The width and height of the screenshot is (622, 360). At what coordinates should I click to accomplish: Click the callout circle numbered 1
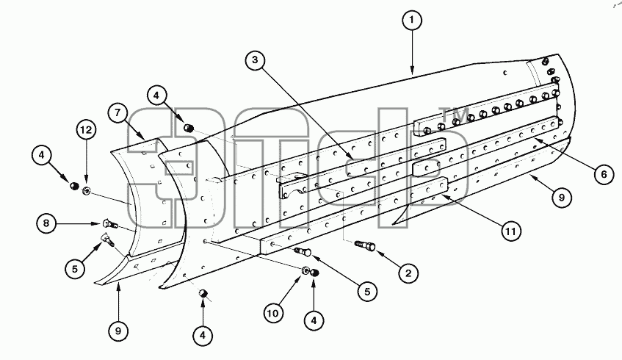tap(412, 20)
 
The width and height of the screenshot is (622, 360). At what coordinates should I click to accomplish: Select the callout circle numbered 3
tap(255, 60)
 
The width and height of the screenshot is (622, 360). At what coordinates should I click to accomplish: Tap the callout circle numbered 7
tap(117, 113)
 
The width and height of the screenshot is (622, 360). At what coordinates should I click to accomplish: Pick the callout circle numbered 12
tap(87, 130)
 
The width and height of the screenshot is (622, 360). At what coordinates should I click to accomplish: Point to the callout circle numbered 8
tap(46, 223)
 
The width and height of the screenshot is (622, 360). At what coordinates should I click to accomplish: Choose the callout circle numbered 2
tap(408, 273)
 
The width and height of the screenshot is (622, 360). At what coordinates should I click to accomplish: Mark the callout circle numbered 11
tap(511, 231)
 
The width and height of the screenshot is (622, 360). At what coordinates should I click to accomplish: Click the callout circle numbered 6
tap(604, 174)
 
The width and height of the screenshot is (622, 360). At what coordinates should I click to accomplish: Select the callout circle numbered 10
tap(273, 314)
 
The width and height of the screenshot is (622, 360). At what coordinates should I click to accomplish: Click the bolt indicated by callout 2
tap(365, 245)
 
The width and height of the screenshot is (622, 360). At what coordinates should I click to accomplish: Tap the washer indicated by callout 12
tap(87, 191)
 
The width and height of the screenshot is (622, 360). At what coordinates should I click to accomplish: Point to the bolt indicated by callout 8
tap(110, 224)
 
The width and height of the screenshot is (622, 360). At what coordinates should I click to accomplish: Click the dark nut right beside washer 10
tap(315, 273)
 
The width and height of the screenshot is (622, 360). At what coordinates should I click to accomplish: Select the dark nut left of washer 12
tap(73, 185)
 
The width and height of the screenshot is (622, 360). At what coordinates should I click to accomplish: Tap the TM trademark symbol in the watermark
tap(455, 115)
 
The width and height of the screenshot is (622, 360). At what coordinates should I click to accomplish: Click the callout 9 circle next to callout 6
tap(561, 198)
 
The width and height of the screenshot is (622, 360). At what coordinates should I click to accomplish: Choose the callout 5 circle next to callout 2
tap(367, 292)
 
